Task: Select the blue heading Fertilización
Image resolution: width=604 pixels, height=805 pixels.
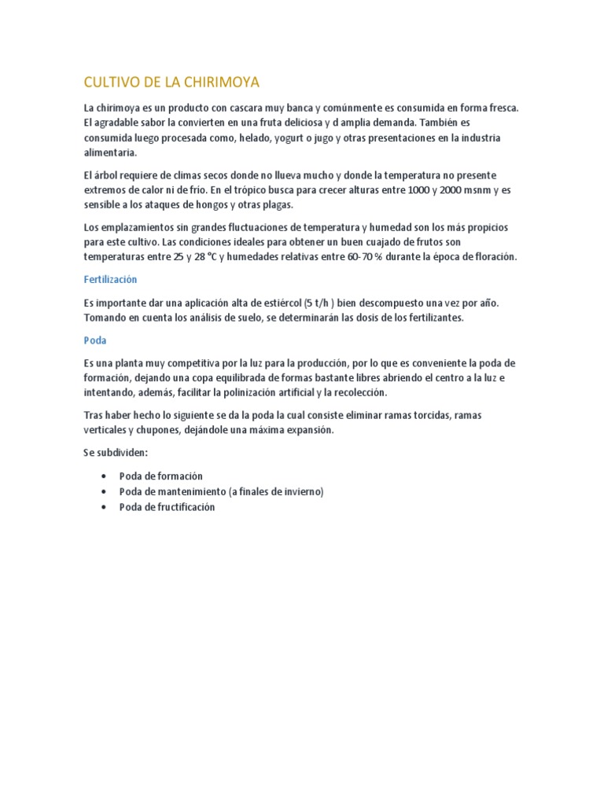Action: [110, 279]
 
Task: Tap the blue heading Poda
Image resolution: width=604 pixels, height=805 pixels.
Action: [94, 340]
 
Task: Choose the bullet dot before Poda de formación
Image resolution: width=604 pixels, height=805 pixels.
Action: [104, 476]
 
